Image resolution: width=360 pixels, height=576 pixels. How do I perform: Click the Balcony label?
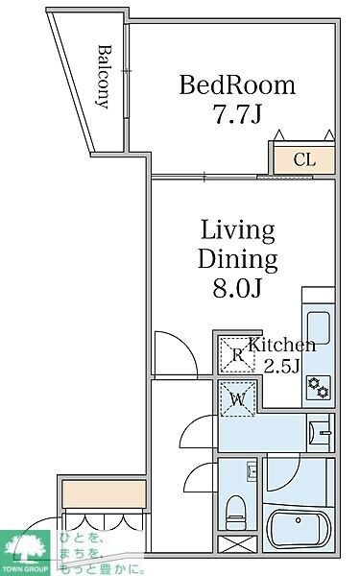point(104,77)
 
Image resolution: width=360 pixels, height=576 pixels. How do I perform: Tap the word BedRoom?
point(237,85)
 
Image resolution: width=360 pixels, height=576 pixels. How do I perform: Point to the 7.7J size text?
point(237,113)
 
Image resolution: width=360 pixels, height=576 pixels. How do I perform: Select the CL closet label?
point(304,159)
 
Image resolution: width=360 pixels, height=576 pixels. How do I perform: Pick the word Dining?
point(238,259)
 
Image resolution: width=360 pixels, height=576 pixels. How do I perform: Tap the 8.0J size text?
point(237,288)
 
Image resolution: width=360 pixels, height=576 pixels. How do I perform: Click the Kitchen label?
point(282,346)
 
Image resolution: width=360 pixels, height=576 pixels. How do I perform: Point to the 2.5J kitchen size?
point(283,366)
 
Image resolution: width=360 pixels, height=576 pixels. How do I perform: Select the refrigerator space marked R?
point(237,354)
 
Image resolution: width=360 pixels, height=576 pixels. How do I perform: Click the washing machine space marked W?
point(237,399)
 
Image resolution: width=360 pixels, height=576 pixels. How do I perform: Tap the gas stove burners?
point(318,388)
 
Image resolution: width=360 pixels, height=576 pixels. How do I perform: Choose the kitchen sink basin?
point(318,328)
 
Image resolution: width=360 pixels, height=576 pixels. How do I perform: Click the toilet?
point(235,512)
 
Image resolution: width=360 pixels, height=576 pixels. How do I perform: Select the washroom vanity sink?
point(321,432)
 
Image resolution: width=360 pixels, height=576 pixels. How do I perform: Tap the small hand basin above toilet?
point(252,471)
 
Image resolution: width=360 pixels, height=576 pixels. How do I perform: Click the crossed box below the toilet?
point(237,544)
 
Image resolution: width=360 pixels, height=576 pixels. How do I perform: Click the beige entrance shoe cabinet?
point(104,494)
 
